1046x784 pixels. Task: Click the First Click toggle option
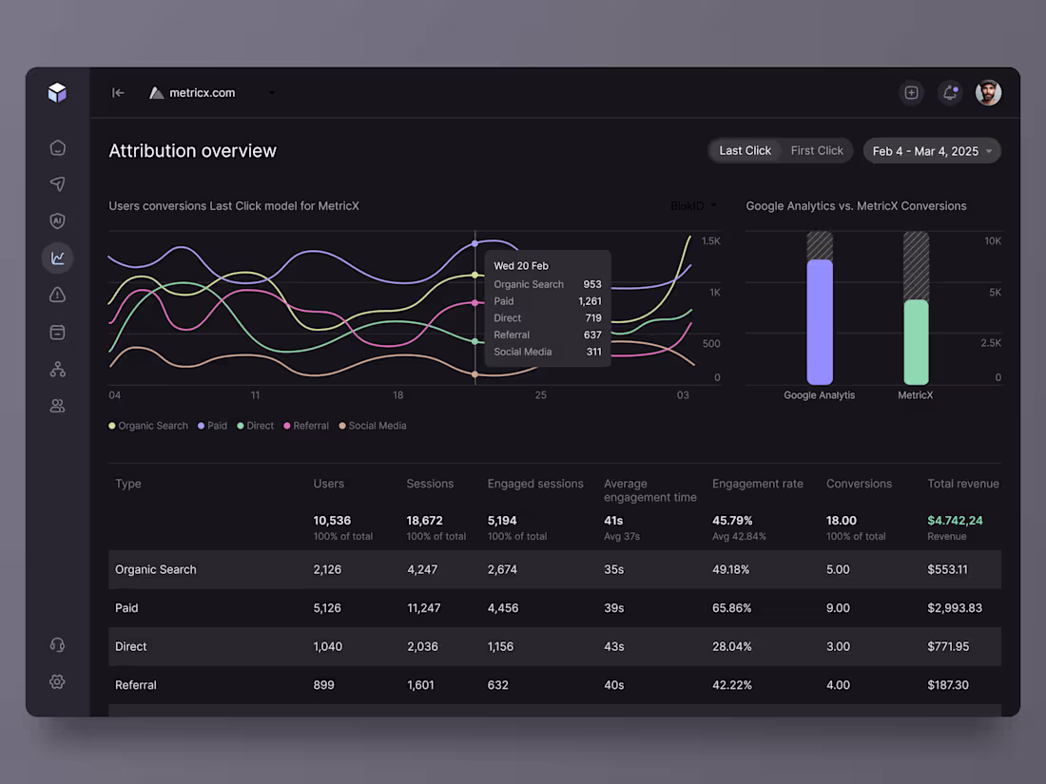(816, 150)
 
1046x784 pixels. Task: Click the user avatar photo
(988, 92)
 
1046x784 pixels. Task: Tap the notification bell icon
(949, 92)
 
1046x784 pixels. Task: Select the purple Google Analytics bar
(819, 321)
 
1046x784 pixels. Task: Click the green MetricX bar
(915, 342)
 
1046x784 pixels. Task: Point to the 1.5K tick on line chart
(710, 241)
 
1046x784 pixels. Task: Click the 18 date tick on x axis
(397, 394)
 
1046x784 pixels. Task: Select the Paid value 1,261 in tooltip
(590, 301)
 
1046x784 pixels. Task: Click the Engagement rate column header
(757, 484)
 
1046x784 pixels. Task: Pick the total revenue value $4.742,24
(955, 521)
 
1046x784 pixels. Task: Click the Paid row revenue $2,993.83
(954, 608)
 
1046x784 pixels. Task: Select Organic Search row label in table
(156, 569)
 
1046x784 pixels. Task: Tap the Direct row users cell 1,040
(327, 646)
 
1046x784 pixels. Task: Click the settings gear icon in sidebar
(57, 681)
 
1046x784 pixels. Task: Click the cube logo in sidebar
(57, 92)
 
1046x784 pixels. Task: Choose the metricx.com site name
(202, 92)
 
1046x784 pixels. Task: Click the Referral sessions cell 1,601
(419, 685)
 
